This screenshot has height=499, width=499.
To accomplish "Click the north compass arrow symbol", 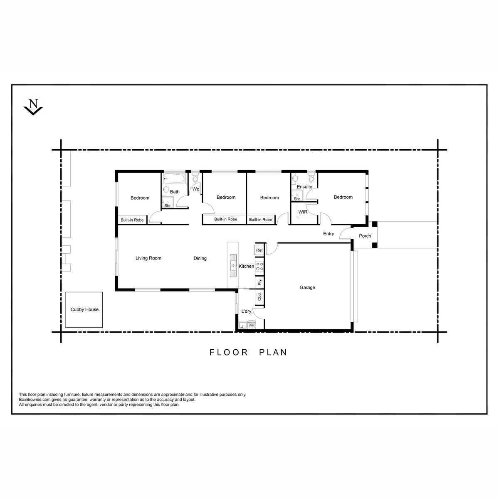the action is [33, 107].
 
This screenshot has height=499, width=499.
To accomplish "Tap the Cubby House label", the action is [84, 309].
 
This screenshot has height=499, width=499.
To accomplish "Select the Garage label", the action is [307, 287].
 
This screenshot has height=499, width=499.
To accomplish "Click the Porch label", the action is [365, 236].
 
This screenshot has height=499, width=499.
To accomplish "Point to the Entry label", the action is [329, 234].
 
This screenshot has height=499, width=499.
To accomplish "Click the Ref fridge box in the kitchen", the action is [259, 250].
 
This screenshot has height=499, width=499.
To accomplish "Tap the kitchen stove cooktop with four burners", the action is [259, 267].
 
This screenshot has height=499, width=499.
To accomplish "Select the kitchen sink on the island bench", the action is [233, 266].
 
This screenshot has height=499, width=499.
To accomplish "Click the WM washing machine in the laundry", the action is [252, 326].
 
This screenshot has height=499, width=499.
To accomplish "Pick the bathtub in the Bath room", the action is [175, 178].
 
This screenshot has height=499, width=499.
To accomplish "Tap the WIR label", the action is [303, 212].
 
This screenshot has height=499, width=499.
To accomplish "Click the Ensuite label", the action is [304, 187].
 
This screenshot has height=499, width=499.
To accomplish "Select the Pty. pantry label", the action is [260, 282].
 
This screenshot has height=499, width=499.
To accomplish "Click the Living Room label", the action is [148, 258].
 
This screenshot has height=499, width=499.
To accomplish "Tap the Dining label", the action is [200, 258].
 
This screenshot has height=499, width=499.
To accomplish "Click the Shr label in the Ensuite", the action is [297, 199].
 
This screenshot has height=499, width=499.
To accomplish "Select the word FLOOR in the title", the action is [228, 353].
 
